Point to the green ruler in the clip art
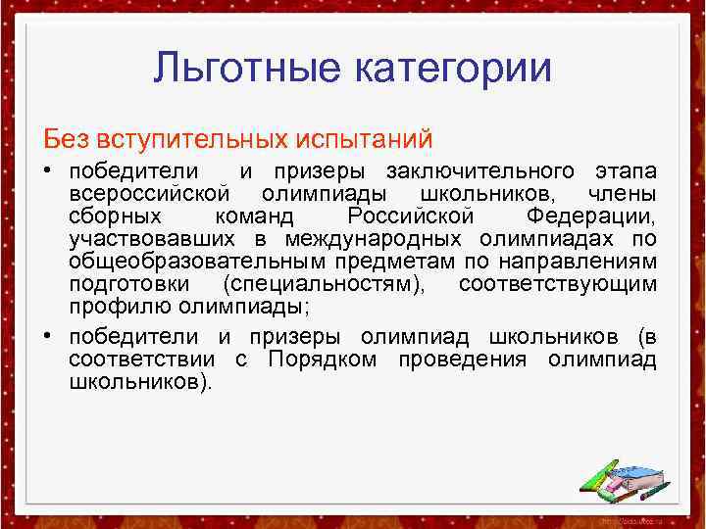coord(597,476)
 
